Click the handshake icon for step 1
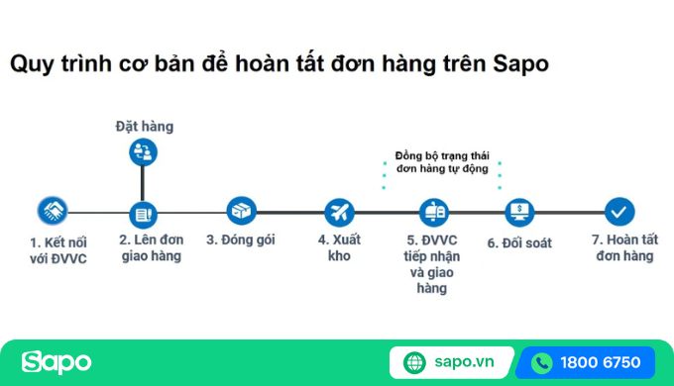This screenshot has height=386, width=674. (x=52, y=211)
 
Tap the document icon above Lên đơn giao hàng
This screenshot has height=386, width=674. (x=144, y=212)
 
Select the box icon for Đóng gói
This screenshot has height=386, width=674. (x=241, y=211)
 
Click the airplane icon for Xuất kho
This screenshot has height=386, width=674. (x=339, y=212)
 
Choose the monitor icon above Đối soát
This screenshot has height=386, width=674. (x=519, y=212)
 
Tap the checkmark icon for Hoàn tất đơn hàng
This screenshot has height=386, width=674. (x=619, y=211)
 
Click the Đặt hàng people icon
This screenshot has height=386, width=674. (x=144, y=151)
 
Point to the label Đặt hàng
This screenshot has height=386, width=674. (x=144, y=126)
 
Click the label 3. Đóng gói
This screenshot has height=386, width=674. (x=241, y=241)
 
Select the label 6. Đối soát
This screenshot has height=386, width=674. (x=519, y=242)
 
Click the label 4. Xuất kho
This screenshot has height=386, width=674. (x=339, y=248)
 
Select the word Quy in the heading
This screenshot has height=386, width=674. (x=30, y=64)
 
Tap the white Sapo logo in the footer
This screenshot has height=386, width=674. (x=56, y=362)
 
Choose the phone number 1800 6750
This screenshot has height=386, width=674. (x=600, y=362)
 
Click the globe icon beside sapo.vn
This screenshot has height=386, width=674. (x=414, y=362)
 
